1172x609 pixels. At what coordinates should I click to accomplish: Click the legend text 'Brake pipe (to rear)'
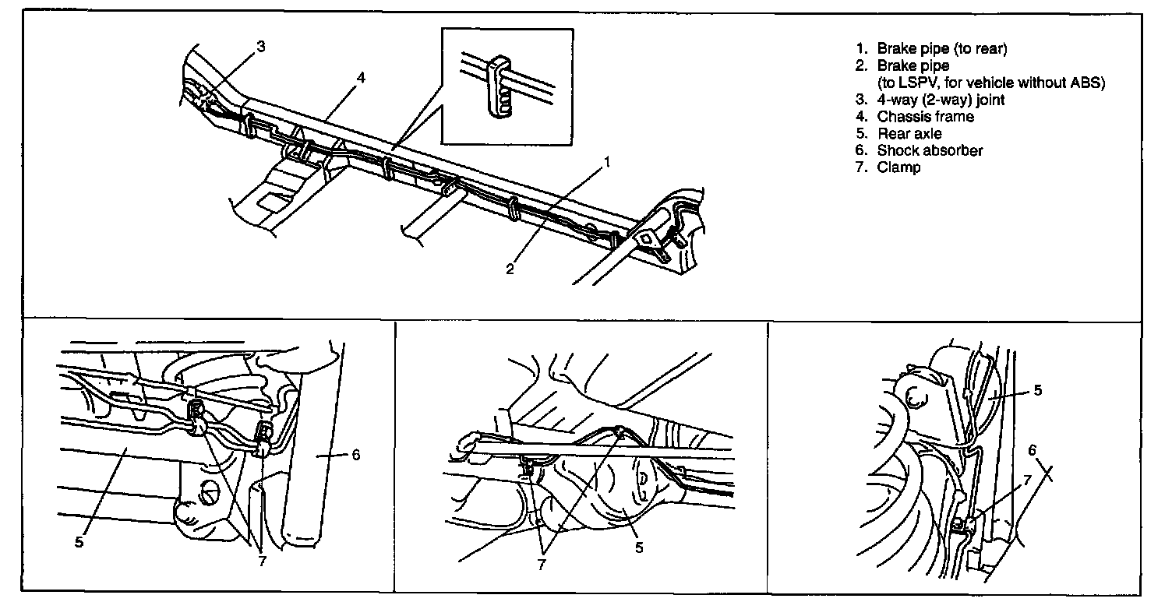(x=942, y=48)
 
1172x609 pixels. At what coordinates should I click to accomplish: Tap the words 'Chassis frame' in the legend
(x=925, y=117)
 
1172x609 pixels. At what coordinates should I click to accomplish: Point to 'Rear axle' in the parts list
(x=909, y=134)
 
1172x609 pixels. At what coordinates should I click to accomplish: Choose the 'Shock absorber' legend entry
(x=930, y=151)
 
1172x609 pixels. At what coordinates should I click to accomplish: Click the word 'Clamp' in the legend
(x=898, y=167)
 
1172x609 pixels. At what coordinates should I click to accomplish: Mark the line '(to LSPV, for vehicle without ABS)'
(x=991, y=83)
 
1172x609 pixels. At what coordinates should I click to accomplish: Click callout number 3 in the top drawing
(x=261, y=46)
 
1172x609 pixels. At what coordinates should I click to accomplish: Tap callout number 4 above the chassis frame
(x=362, y=78)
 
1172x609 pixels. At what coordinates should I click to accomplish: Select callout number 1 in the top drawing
(x=605, y=163)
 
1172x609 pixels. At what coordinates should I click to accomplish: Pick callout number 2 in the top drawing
(x=510, y=269)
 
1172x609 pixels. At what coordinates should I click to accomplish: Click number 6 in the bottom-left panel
(x=355, y=454)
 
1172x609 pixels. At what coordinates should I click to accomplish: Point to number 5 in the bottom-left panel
(x=79, y=541)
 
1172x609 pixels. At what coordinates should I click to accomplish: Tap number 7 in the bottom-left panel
(x=261, y=561)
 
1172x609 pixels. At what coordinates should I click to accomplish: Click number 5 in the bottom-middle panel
(x=639, y=547)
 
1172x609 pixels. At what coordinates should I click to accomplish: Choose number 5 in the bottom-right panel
(x=1037, y=391)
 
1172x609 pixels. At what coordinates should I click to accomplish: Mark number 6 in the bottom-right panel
(x=1033, y=450)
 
